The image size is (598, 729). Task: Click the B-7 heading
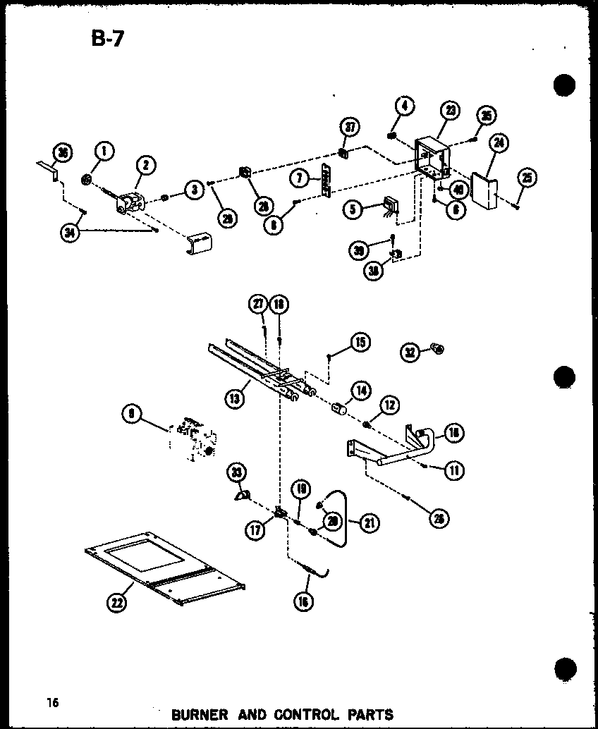point(106,38)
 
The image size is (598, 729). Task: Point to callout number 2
point(145,166)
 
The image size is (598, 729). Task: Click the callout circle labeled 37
point(350,128)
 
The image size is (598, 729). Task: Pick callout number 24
point(499,144)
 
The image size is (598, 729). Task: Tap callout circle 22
point(115,602)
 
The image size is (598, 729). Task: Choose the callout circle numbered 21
point(367,522)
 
